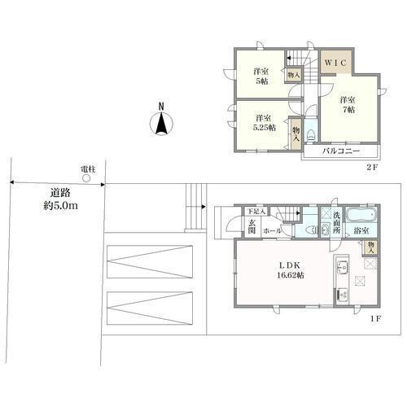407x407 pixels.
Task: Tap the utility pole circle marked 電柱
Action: point(86,178)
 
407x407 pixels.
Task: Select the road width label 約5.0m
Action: point(61,206)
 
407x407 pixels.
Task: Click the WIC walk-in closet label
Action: point(335,63)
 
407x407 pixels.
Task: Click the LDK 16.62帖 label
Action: point(291,270)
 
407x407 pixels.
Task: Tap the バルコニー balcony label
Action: point(341,151)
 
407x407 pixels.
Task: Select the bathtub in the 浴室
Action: point(361,215)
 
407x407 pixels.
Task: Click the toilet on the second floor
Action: point(310,135)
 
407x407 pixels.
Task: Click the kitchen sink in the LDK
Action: point(343,267)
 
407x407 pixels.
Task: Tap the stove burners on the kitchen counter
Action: point(343,295)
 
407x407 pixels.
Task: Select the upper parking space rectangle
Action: point(150,261)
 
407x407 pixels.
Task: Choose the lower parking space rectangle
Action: point(150,308)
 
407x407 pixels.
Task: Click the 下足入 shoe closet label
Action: point(256,211)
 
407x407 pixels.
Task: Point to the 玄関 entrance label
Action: point(252,227)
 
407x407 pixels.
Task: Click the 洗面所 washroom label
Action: point(336,223)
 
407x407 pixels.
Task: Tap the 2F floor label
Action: point(372,167)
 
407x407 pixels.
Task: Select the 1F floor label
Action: point(376,319)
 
